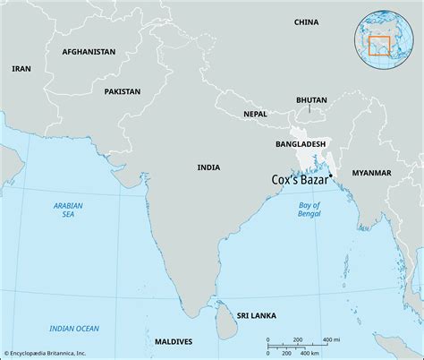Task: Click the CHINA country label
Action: pos(306,21)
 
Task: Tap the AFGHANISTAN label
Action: pos(89,52)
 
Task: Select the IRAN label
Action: pos(21,68)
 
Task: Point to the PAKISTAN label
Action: pos(122,91)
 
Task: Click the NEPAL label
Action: pos(255,114)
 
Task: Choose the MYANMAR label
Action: pos(371,171)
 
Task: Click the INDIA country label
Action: pos(209,167)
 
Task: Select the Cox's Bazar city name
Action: pos(301,180)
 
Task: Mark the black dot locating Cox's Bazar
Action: pos(331,175)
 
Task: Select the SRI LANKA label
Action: pos(257,315)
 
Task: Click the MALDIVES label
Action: pos(174,342)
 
